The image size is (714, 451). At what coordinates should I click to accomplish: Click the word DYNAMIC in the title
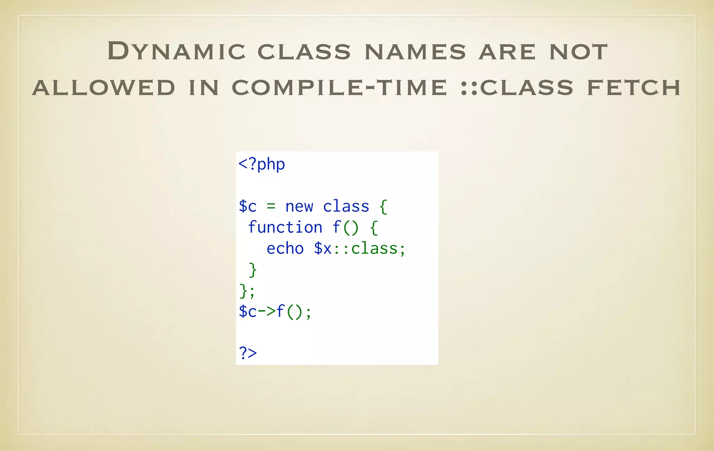(x=176, y=51)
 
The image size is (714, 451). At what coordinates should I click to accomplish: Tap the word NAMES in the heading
(x=415, y=52)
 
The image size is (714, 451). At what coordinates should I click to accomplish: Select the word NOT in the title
(x=578, y=52)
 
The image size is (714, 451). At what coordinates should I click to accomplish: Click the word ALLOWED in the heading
(x=104, y=88)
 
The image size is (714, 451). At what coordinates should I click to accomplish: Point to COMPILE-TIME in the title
(x=339, y=88)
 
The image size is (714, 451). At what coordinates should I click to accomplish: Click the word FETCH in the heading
(x=634, y=88)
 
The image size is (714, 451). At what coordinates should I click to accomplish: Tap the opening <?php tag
(x=261, y=164)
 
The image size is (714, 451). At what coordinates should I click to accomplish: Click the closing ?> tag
(x=248, y=353)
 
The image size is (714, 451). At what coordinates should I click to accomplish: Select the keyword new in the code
(x=299, y=206)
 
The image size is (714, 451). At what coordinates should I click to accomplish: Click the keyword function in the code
(x=285, y=227)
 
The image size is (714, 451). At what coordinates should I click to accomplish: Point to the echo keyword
(x=285, y=249)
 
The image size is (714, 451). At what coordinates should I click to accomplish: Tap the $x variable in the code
(x=323, y=249)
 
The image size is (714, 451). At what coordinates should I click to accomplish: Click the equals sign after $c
(x=271, y=206)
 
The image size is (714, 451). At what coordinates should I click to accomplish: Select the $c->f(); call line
(x=275, y=311)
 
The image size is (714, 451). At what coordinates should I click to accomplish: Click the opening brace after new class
(x=383, y=207)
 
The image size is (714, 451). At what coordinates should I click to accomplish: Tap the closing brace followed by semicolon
(x=247, y=291)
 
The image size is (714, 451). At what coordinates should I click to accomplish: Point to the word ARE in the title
(x=507, y=52)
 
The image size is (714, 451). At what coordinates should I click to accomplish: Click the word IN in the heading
(x=204, y=88)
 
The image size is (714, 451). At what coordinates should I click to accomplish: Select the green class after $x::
(x=374, y=249)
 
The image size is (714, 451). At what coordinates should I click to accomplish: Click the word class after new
(x=346, y=206)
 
